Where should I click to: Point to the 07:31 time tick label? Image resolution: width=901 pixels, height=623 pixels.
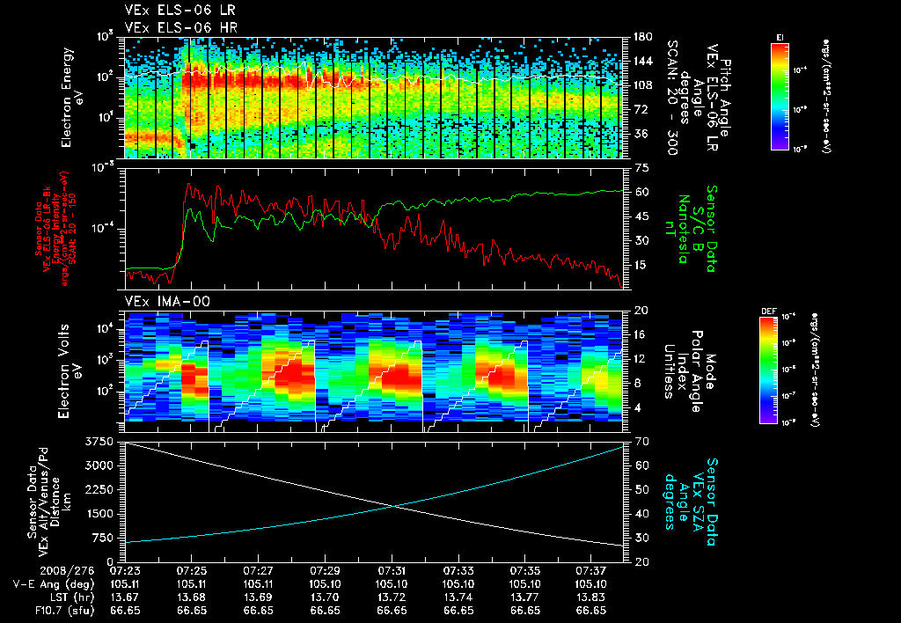tap(392, 570)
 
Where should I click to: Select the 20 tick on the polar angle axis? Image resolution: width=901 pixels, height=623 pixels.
tap(640, 311)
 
